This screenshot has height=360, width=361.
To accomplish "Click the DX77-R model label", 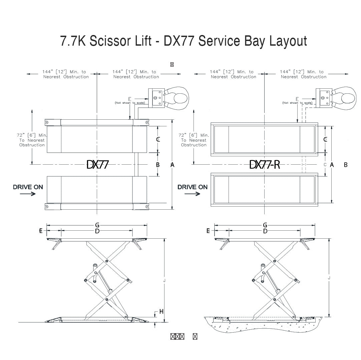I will pos(265,164).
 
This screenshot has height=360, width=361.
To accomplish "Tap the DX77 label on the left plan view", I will pos(97,164).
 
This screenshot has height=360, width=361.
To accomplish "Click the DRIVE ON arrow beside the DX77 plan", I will pos(28,194).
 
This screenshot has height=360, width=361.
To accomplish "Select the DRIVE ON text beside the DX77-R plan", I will pos(192,187).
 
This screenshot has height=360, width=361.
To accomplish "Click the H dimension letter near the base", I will pos(161,311).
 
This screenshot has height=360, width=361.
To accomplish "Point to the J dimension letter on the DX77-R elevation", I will pos(329,277).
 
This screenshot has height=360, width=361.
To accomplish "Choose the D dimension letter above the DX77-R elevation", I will pos(265,231).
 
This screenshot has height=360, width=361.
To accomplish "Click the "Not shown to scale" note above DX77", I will pos(129,103).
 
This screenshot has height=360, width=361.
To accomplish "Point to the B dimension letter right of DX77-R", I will pos(346,165).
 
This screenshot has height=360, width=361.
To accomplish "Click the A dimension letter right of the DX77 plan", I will pos(172,165).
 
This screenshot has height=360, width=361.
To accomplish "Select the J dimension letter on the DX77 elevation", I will pos(164,281).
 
